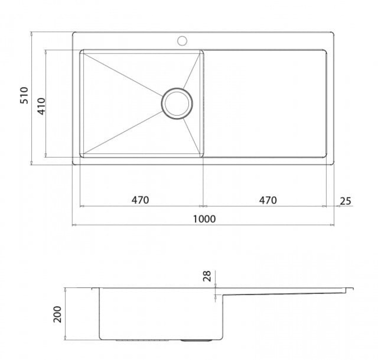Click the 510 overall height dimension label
(x=24, y=95)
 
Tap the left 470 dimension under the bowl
(x=140, y=200)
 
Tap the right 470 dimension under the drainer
(x=268, y=200)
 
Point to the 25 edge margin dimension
(x=345, y=201)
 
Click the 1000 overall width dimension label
(x=204, y=219)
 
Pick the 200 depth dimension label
(x=58, y=314)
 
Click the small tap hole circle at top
(x=182, y=40)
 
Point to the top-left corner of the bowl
(x=81, y=51)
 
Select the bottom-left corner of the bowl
(x=81, y=156)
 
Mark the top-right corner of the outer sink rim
(x=333, y=33)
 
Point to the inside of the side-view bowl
(x=160, y=313)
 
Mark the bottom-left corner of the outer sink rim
(x=74, y=164)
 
